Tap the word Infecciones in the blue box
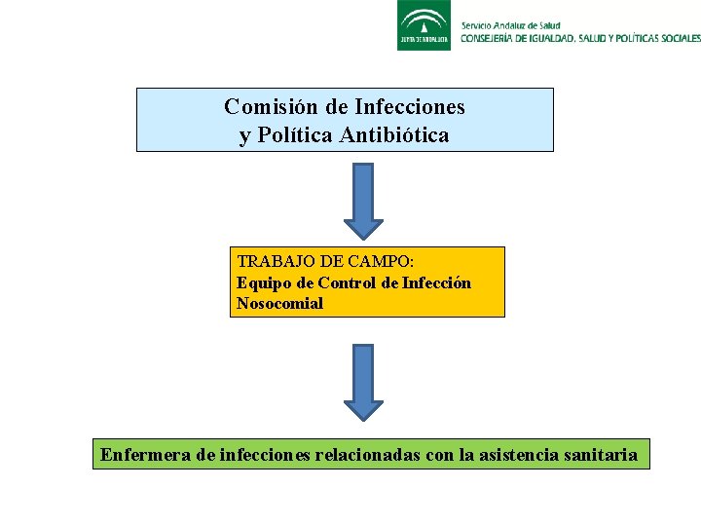click(410, 106)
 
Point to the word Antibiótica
click(394, 135)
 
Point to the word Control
click(344, 282)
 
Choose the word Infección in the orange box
click(436, 282)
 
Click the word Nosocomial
click(279, 303)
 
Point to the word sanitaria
click(601, 454)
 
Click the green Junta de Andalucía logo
click(424, 25)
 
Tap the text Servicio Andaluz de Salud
click(510, 24)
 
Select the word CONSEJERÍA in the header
click(494, 38)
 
